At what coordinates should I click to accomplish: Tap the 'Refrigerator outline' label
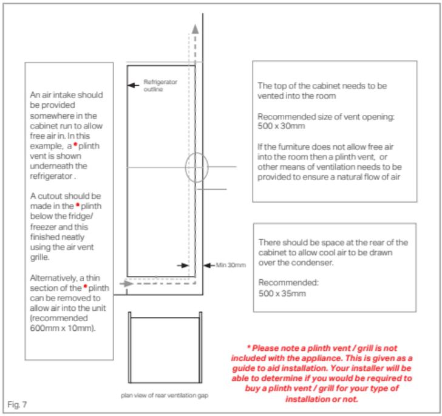159,84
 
